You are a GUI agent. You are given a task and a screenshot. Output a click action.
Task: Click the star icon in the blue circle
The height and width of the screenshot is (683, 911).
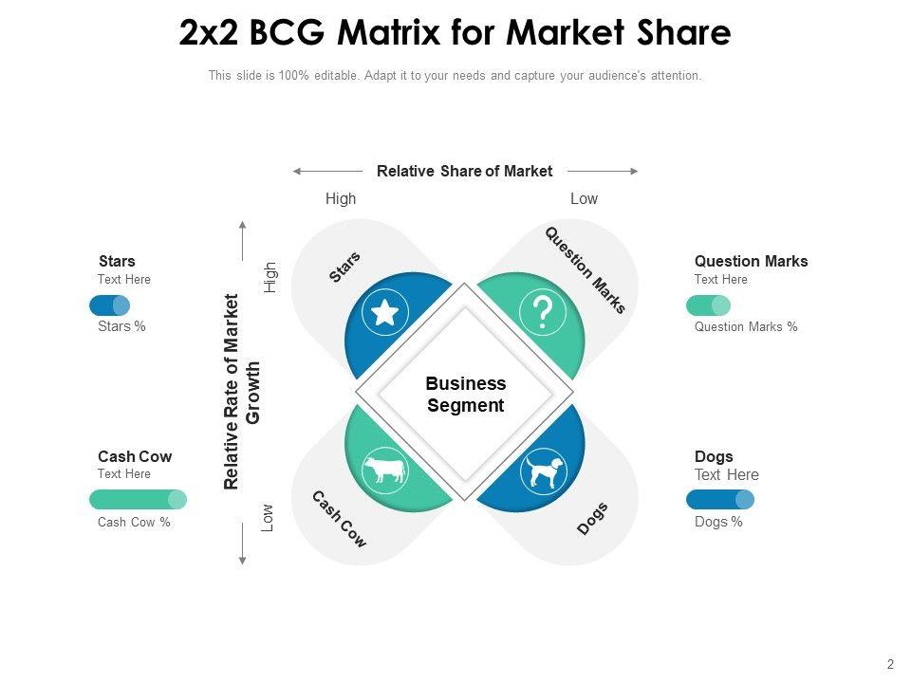pyautogui.click(x=384, y=312)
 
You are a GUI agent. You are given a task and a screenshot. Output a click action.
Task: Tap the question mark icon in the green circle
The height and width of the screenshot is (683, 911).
pyautogui.click(x=543, y=312)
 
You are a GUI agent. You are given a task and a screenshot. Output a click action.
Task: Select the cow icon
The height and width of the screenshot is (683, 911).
pyautogui.click(x=384, y=470)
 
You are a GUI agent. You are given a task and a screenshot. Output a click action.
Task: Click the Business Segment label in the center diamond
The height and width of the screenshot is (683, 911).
pyautogui.click(x=465, y=395)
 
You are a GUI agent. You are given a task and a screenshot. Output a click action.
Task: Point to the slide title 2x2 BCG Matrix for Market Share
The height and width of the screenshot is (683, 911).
pyautogui.click(x=455, y=33)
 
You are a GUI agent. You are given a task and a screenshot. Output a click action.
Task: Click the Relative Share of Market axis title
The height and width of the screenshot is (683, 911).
pyautogui.click(x=464, y=172)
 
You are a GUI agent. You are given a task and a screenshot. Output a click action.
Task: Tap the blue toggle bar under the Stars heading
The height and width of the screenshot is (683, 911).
pyautogui.click(x=109, y=305)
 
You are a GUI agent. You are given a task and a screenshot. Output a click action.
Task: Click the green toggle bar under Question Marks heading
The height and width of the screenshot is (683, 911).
pyautogui.click(x=708, y=305)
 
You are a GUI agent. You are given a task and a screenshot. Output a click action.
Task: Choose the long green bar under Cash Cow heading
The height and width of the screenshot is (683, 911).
pyautogui.click(x=138, y=500)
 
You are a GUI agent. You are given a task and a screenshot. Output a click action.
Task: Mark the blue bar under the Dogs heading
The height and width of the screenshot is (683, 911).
pyautogui.click(x=719, y=500)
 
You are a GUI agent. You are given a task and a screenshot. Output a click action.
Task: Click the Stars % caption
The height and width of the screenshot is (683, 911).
pyautogui.click(x=121, y=327)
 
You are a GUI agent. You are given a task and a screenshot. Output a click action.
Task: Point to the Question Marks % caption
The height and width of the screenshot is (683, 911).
pyautogui.click(x=746, y=327)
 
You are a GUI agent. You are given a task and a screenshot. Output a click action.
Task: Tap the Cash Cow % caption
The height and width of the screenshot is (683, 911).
pyautogui.click(x=134, y=522)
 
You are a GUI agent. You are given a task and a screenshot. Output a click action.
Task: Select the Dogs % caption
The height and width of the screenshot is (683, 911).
pyautogui.click(x=718, y=522)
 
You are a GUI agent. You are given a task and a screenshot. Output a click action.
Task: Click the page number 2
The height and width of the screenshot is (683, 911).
pyautogui.click(x=890, y=665)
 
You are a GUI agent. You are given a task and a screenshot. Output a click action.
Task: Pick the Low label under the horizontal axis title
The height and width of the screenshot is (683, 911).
pyautogui.click(x=584, y=199)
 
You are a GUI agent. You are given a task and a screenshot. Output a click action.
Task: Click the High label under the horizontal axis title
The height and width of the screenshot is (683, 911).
pyautogui.click(x=341, y=199)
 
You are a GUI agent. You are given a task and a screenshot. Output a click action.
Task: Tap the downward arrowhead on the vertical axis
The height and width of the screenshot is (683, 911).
pyautogui.click(x=243, y=561)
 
